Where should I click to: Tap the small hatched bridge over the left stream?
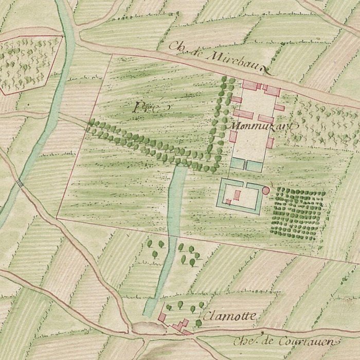(x=21, y=182)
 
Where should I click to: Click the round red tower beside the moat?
(x=266, y=190)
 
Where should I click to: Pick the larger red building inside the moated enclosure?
(x=238, y=194)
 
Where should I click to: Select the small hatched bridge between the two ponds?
(x=246, y=165)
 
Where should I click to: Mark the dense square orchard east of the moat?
(x=298, y=212)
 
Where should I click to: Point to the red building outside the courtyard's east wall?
(x=281, y=108)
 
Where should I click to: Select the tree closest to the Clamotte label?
(x=199, y=323)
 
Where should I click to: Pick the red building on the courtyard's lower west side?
(x=233, y=136)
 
